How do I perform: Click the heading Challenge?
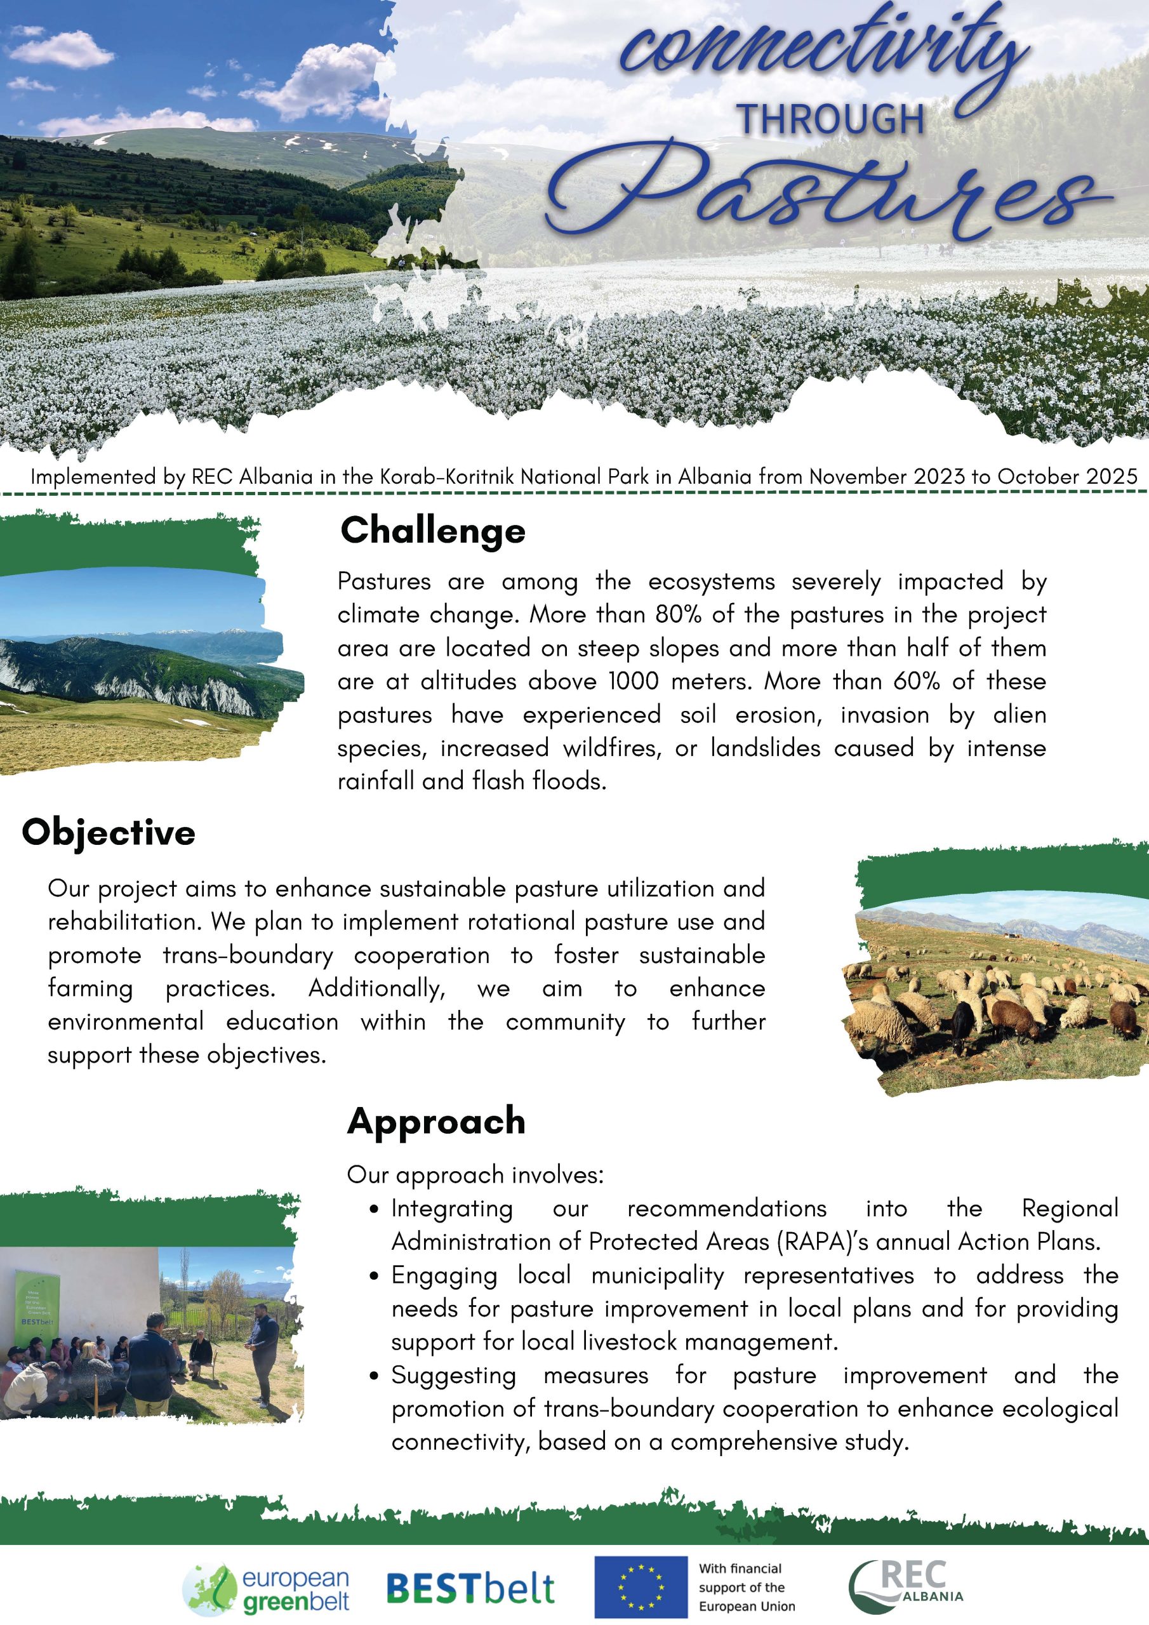(432, 531)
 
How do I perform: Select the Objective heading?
(109, 832)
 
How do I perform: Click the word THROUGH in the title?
(832, 119)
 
